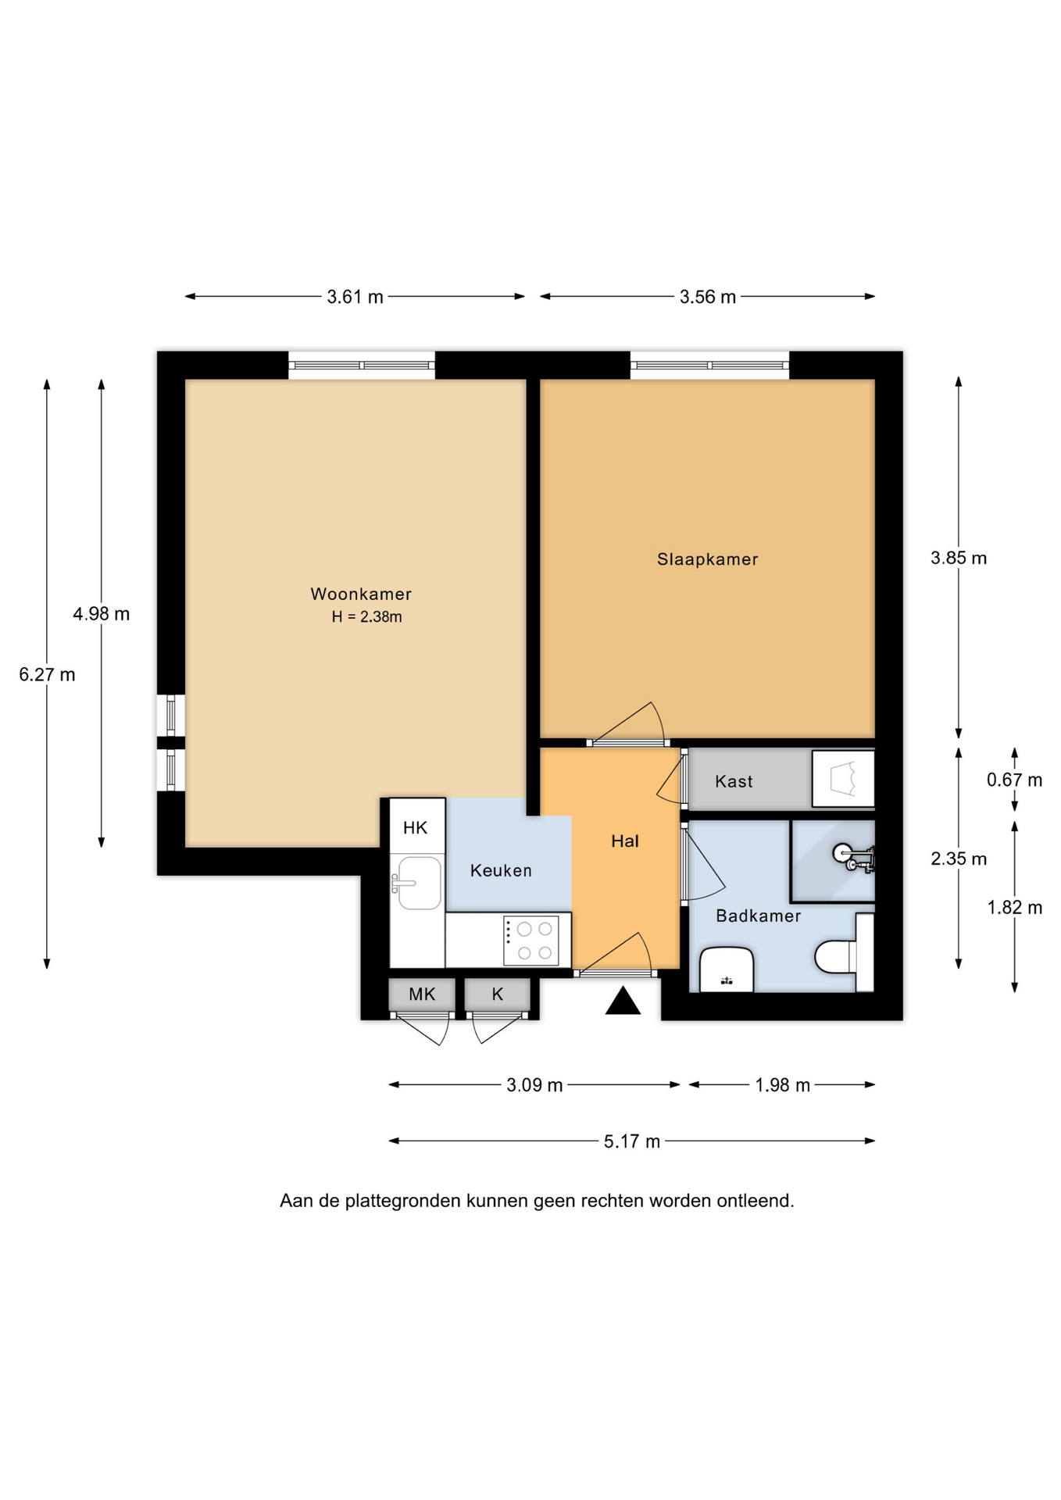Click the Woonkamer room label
(x=361, y=594)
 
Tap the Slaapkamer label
(x=707, y=559)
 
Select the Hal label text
(x=625, y=841)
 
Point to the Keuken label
(x=501, y=870)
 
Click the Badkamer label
(x=759, y=916)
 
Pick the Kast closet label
(x=734, y=781)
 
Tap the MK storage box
(x=422, y=995)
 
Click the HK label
(x=416, y=827)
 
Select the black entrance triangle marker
(x=623, y=1001)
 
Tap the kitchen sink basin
(x=420, y=883)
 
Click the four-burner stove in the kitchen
(x=531, y=941)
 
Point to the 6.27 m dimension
(x=47, y=674)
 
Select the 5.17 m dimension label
(x=632, y=1141)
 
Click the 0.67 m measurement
(x=1014, y=780)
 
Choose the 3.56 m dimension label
(x=708, y=297)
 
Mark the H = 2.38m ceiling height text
(x=366, y=616)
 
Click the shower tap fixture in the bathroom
(x=855, y=858)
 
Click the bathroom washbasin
(x=727, y=970)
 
